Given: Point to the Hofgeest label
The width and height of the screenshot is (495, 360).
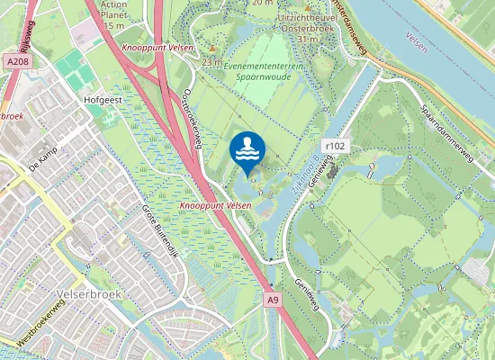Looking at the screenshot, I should coord(102,102).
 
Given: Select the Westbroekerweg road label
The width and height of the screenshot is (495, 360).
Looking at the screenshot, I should coord(35,326).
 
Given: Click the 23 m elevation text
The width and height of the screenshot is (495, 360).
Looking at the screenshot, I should coord(212,62).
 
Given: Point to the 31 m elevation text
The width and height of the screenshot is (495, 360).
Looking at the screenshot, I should coord(309,39).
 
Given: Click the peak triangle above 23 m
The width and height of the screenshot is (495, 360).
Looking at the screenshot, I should coord(212,49).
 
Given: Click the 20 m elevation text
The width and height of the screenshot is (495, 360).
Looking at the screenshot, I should coord(262,3).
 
